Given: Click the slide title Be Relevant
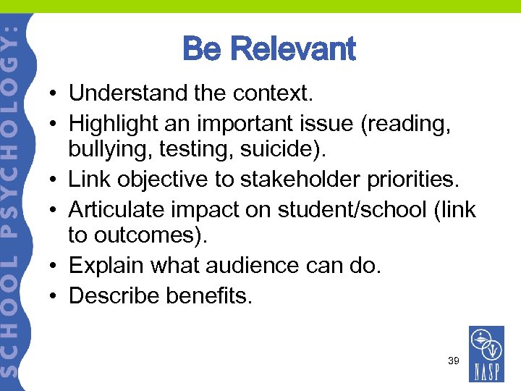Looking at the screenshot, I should click(x=269, y=49).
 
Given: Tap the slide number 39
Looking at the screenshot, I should click(x=454, y=360).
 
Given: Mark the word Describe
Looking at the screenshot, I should click(x=115, y=295).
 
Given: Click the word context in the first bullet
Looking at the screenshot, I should click(x=275, y=93).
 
